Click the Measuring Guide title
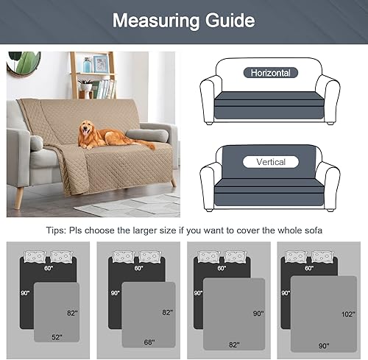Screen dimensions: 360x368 183,20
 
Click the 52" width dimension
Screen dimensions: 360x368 56,337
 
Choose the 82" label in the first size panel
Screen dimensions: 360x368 72,311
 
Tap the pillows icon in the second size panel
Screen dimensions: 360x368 138,256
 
